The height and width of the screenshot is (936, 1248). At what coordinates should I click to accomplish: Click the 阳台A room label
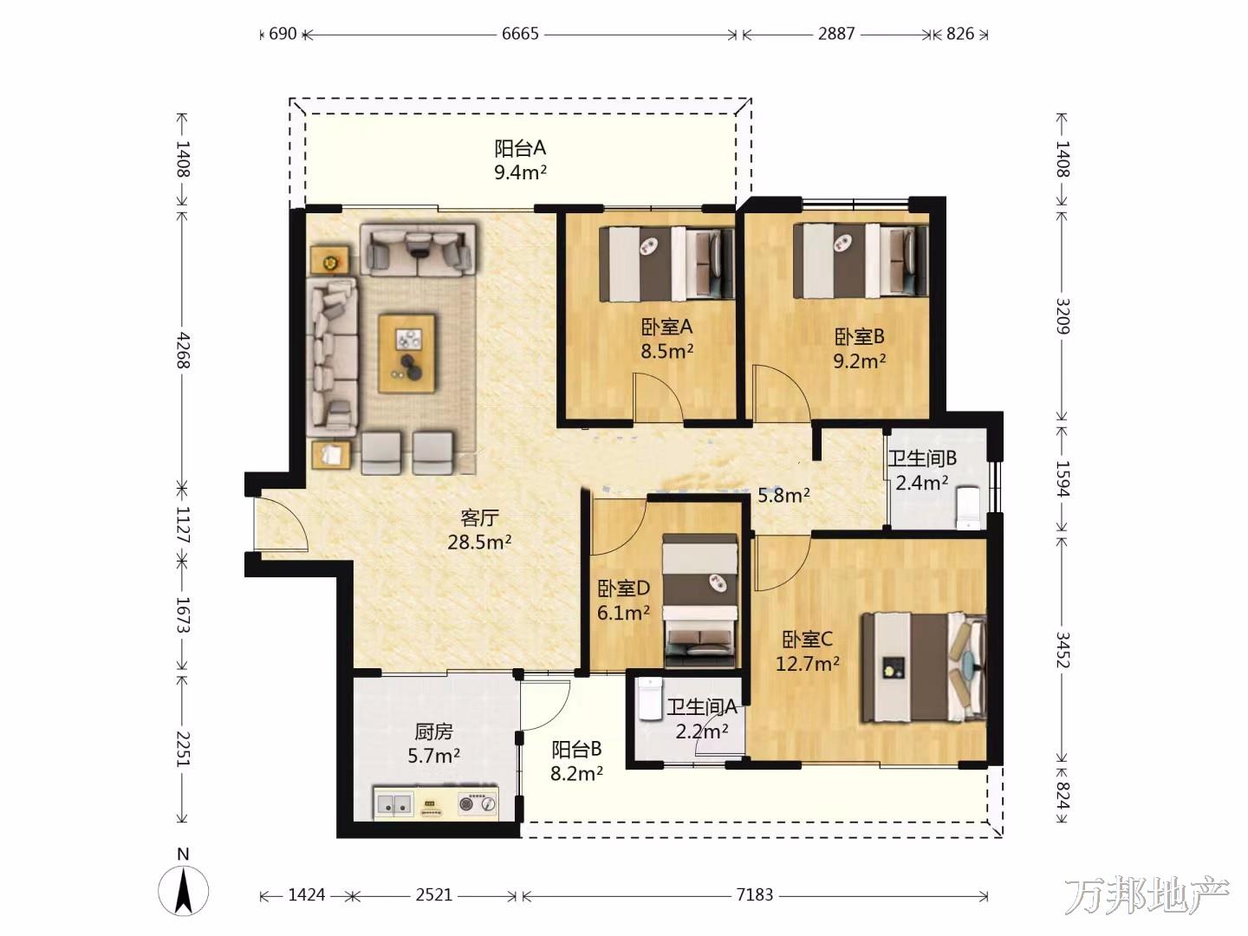click(520, 148)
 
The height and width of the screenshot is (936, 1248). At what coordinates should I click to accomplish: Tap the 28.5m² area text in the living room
click(479, 543)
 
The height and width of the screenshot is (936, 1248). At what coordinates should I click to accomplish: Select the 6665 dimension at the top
click(520, 34)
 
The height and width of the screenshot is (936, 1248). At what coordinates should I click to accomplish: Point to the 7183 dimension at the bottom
click(755, 895)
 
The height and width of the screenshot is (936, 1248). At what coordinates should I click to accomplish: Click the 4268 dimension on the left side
click(183, 350)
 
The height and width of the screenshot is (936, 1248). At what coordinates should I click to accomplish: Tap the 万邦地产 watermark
click(1147, 896)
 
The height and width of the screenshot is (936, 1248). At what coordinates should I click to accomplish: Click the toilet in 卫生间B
click(969, 508)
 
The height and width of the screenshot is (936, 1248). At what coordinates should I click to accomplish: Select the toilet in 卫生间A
click(650, 699)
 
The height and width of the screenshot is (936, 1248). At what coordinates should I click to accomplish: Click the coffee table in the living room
click(407, 353)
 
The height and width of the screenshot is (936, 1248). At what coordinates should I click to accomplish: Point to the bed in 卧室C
click(923, 667)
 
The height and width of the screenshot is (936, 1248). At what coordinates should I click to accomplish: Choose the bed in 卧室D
click(700, 600)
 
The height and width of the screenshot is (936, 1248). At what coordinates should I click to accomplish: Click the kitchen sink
click(393, 804)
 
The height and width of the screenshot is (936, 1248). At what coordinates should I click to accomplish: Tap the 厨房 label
click(433, 732)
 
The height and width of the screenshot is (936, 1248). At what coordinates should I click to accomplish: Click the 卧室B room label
click(859, 337)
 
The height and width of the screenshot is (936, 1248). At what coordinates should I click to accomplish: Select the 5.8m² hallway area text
click(783, 496)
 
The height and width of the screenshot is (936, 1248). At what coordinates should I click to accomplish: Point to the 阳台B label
click(576, 749)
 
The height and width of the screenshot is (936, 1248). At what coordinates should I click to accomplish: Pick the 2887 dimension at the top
click(835, 34)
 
